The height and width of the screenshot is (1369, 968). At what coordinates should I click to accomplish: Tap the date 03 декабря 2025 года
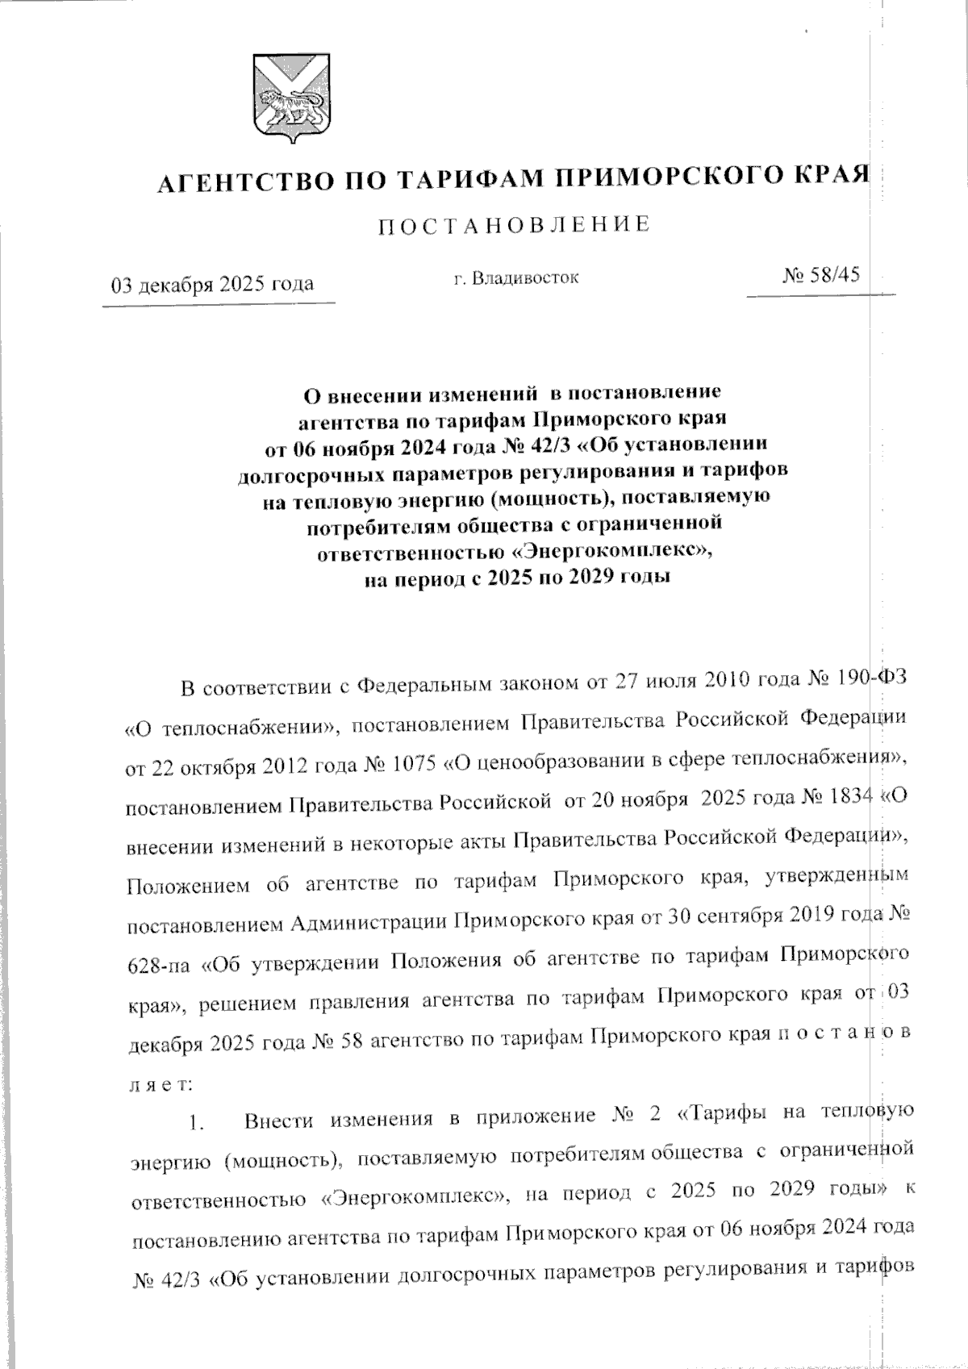click(x=213, y=285)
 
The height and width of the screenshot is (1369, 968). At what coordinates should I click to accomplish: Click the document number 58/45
click(x=833, y=275)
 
